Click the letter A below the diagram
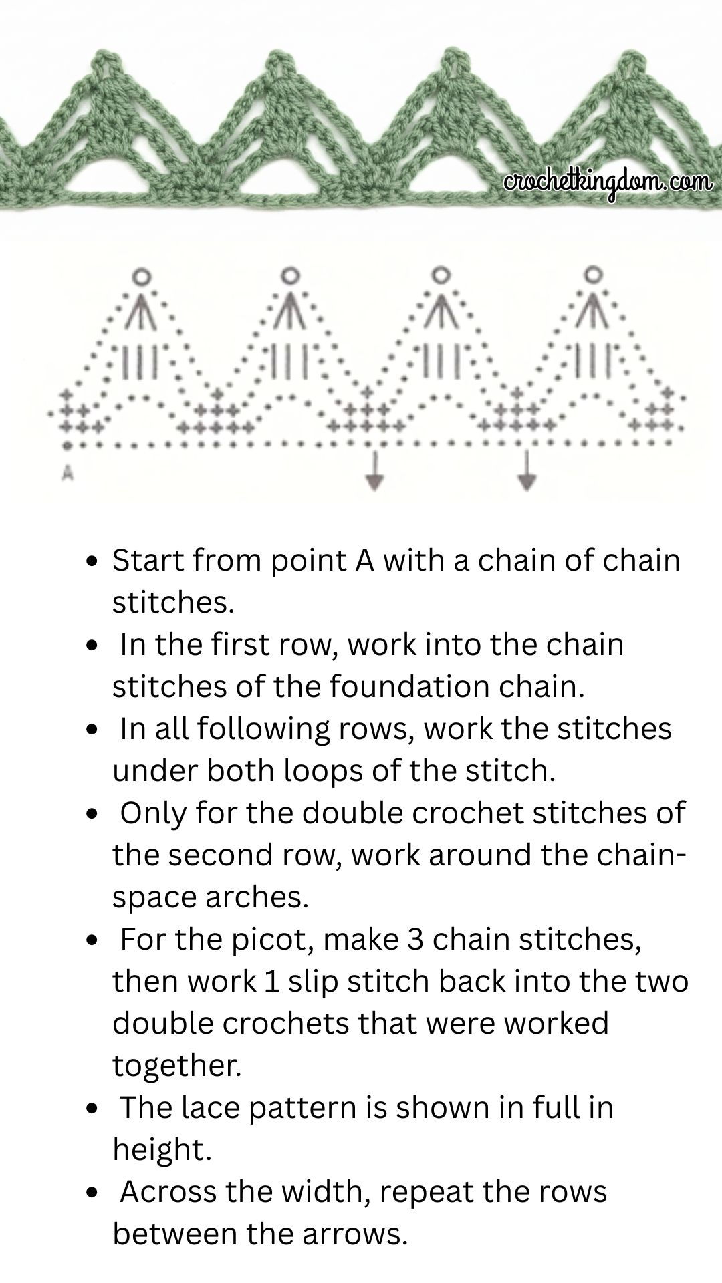point(67,473)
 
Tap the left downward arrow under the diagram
point(375,470)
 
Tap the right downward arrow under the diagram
point(527,470)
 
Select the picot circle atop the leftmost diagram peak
point(141,275)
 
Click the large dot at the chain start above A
point(67,444)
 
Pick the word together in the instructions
point(176,1065)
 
